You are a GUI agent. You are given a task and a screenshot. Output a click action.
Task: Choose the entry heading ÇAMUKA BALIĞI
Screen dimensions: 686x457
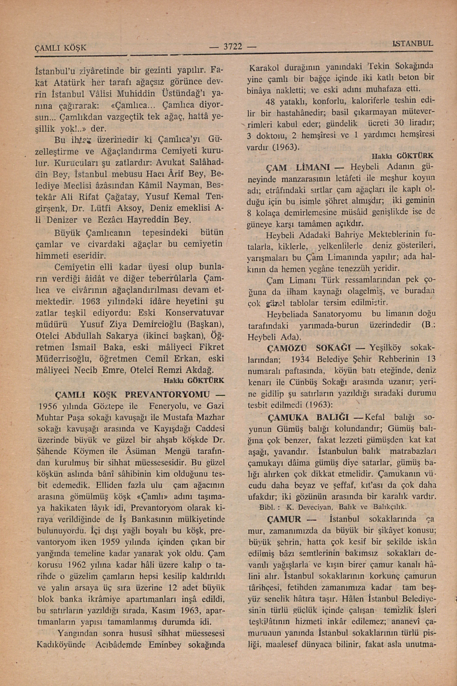308,417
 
